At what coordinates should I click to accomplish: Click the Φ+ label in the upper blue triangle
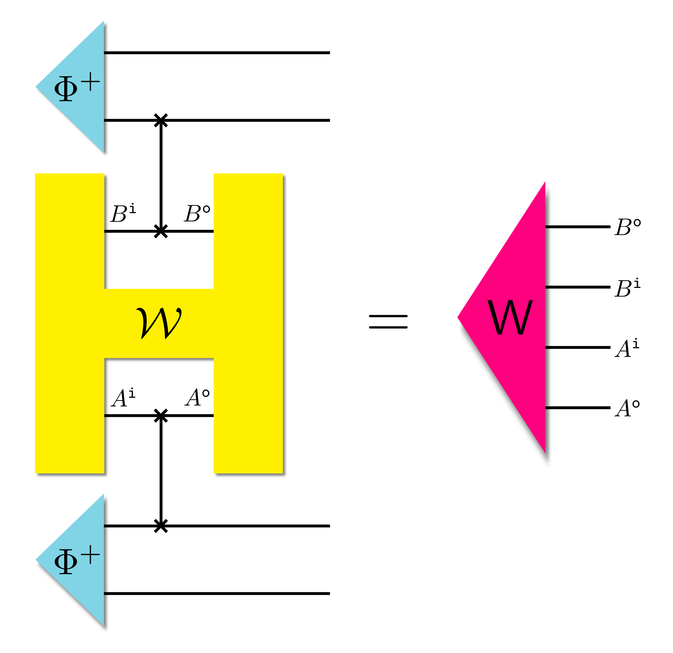tap(76, 87)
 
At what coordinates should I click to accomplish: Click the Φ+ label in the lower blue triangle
tap(76, 560)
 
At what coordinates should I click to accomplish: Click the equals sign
tap(388, 322)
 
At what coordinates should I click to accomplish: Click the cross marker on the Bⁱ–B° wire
tap(161, 231)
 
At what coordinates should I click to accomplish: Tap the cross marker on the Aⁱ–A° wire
tap(161, 416)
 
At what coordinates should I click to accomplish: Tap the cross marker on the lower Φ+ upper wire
tap(161, 526)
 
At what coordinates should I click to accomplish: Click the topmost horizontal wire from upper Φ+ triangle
tap(216, 53)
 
